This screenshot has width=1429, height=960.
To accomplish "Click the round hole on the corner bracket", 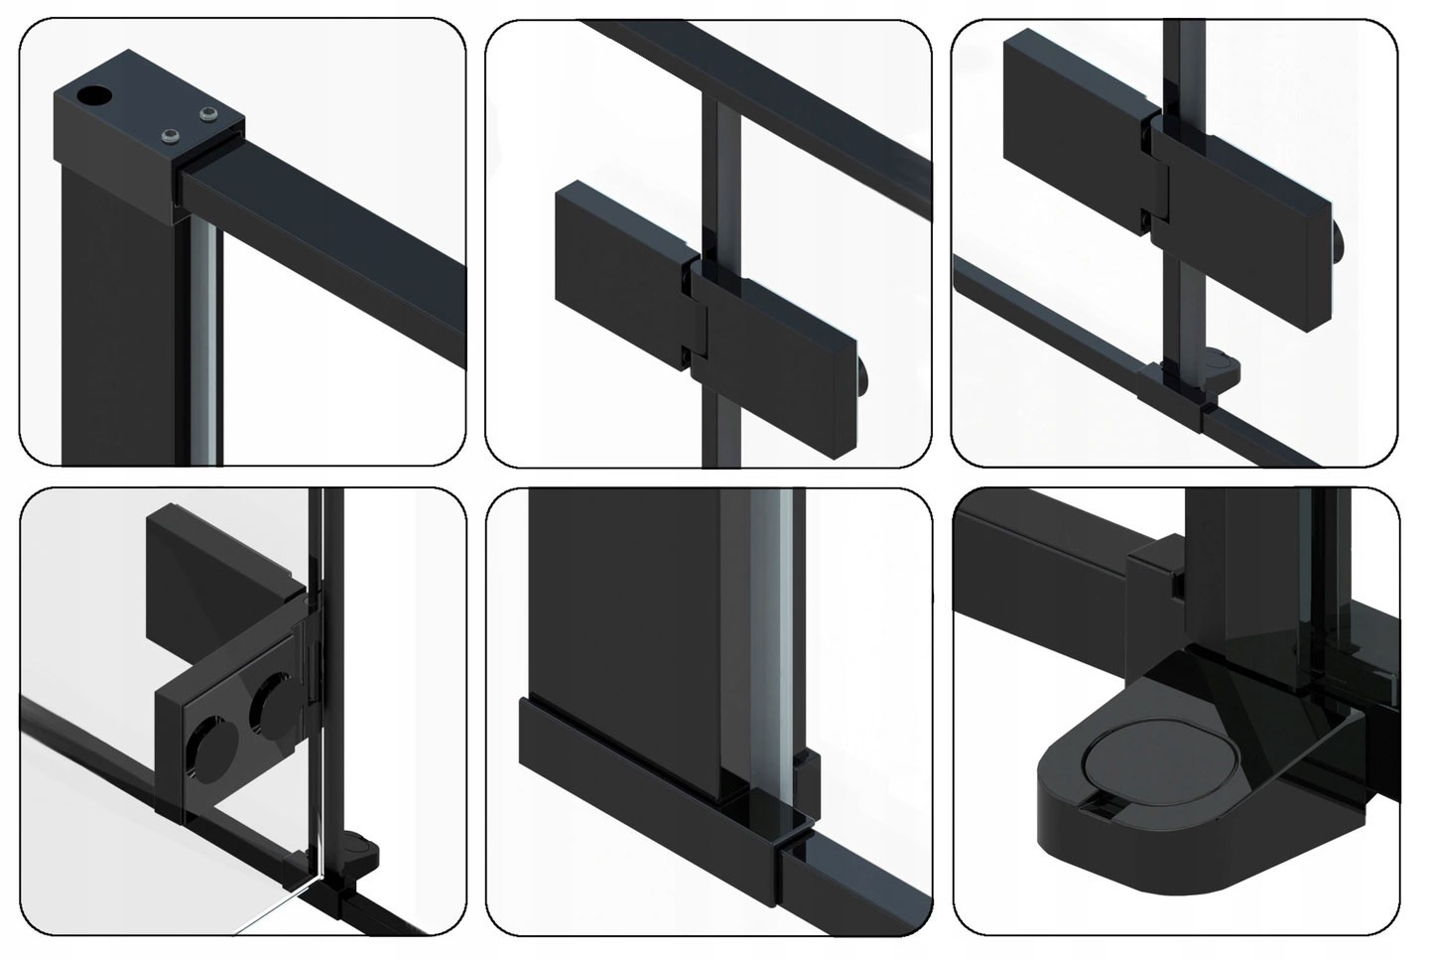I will tap(94, 94).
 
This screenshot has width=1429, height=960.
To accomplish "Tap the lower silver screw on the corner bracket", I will tap(171, 136).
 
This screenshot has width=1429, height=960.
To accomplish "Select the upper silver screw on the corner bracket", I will tap(207, 117).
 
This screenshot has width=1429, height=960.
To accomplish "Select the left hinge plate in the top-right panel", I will tap(1077, 99).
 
